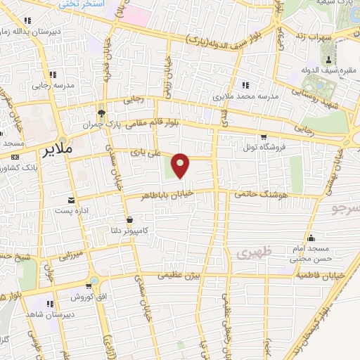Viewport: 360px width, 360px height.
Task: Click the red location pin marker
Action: click(181, 165)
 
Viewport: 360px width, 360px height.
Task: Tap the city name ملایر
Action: click(57, 151)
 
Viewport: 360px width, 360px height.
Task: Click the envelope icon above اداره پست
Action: click(70, 200)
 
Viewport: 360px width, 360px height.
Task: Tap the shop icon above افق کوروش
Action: click(91, 285)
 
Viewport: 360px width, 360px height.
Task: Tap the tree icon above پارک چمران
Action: click(101, 112)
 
